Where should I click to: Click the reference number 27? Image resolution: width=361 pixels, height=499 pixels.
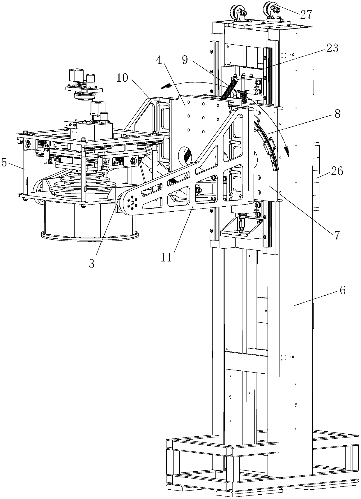click(306, 14)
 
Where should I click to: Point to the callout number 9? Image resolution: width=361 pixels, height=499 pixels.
click(185, 60)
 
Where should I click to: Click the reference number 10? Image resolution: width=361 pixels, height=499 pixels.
click(123, 78)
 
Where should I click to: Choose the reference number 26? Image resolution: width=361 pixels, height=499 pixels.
click(337, 171)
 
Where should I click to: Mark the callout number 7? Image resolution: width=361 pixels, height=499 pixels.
click(337, 235)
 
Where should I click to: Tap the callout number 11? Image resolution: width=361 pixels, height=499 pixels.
click(167, 258)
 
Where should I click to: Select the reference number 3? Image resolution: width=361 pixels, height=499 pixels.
click(92, 263)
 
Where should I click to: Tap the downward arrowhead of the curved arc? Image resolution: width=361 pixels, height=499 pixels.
click(287, 152)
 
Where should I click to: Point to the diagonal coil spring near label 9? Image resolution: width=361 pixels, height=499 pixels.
click(228, 87)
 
